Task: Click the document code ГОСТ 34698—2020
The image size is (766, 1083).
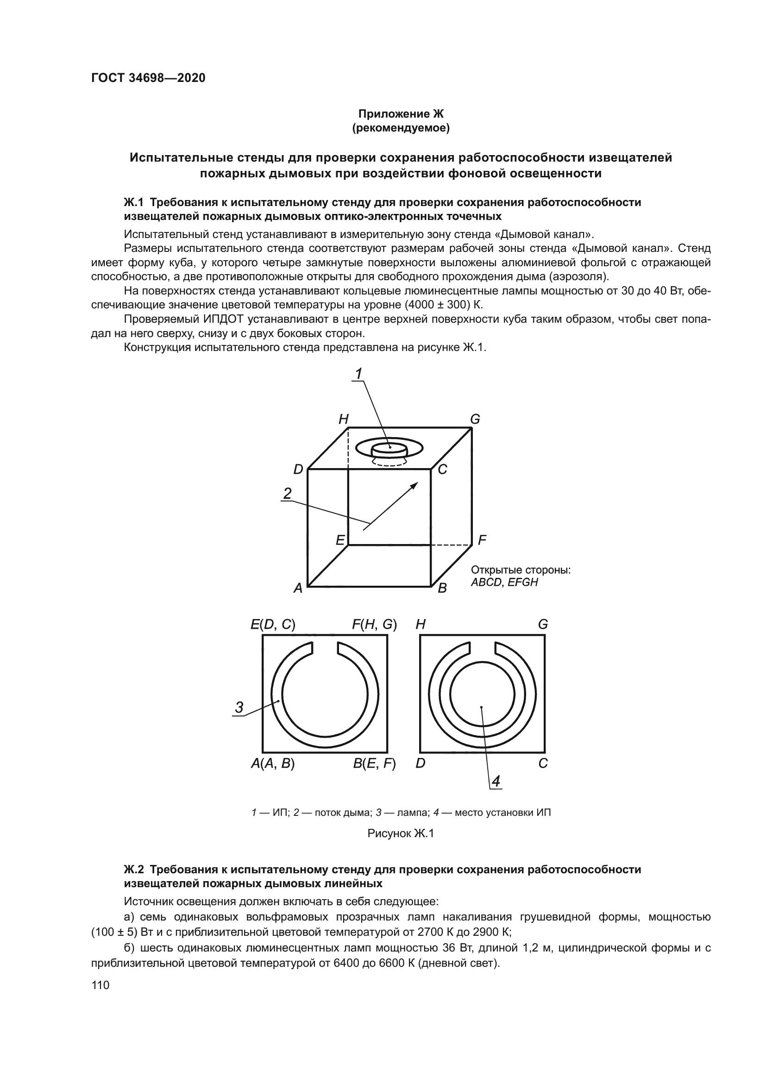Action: [148, 78]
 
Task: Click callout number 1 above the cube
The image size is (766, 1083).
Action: [358, 374]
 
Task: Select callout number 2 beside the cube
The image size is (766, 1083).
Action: [287, 494]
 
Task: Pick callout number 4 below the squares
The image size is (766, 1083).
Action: [496, 782]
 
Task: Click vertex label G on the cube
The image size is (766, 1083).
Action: [475, 419]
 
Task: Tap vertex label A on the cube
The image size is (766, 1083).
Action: [298, 588]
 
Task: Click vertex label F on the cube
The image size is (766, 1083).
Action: [482, 540]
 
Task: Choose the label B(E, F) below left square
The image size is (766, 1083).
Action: [375, 764]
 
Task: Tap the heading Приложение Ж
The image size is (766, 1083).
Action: [401, 114]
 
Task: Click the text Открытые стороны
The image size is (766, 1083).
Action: [521, 570]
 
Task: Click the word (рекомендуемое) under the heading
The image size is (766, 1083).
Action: [401, 128]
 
